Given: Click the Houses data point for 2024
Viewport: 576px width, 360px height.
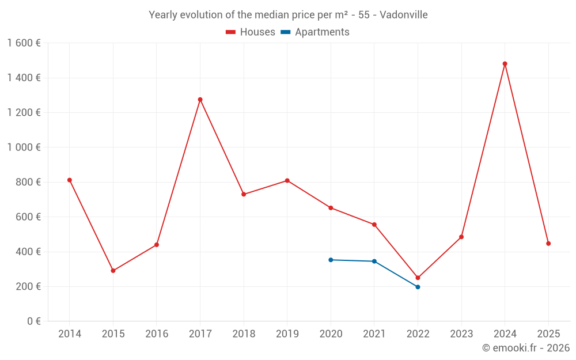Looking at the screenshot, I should (x=505, y=64).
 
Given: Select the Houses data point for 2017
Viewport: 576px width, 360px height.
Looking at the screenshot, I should (x=200, y=100).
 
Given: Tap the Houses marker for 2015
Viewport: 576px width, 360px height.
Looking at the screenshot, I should (x=113, y=271).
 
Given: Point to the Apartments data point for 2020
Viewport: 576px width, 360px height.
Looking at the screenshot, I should (x=331, y=260).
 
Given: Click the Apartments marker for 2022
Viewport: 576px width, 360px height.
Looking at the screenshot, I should (x=418, y=287).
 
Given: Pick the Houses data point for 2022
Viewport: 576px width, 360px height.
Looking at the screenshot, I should (x=418, y=278).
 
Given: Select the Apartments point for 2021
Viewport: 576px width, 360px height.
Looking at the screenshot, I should (x=374, y=262).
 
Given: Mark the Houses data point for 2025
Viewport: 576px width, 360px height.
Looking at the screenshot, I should (x=548, y=244).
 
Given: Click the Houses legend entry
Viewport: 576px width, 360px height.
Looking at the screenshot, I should (x=251, y=32).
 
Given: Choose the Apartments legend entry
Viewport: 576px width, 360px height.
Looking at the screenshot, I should (x=315, y=32).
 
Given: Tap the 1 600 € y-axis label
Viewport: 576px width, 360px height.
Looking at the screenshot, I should (x=24, y=43).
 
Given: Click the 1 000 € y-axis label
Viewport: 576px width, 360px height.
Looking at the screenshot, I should (x=24, y=147).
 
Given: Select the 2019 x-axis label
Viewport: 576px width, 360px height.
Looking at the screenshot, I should (x=287, y=334).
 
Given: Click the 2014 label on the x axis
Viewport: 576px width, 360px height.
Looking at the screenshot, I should (x=70, y=334).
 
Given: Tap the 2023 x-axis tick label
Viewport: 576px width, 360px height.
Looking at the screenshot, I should (x=461, y=334).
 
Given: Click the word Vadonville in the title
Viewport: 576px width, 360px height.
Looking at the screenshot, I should (x=403, y=15).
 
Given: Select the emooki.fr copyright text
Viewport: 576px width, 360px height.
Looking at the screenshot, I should (x=526, y=348).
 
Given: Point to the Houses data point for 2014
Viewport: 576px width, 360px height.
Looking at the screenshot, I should (x=70, y=180).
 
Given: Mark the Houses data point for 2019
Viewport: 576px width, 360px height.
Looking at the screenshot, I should (x=287, y=181).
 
